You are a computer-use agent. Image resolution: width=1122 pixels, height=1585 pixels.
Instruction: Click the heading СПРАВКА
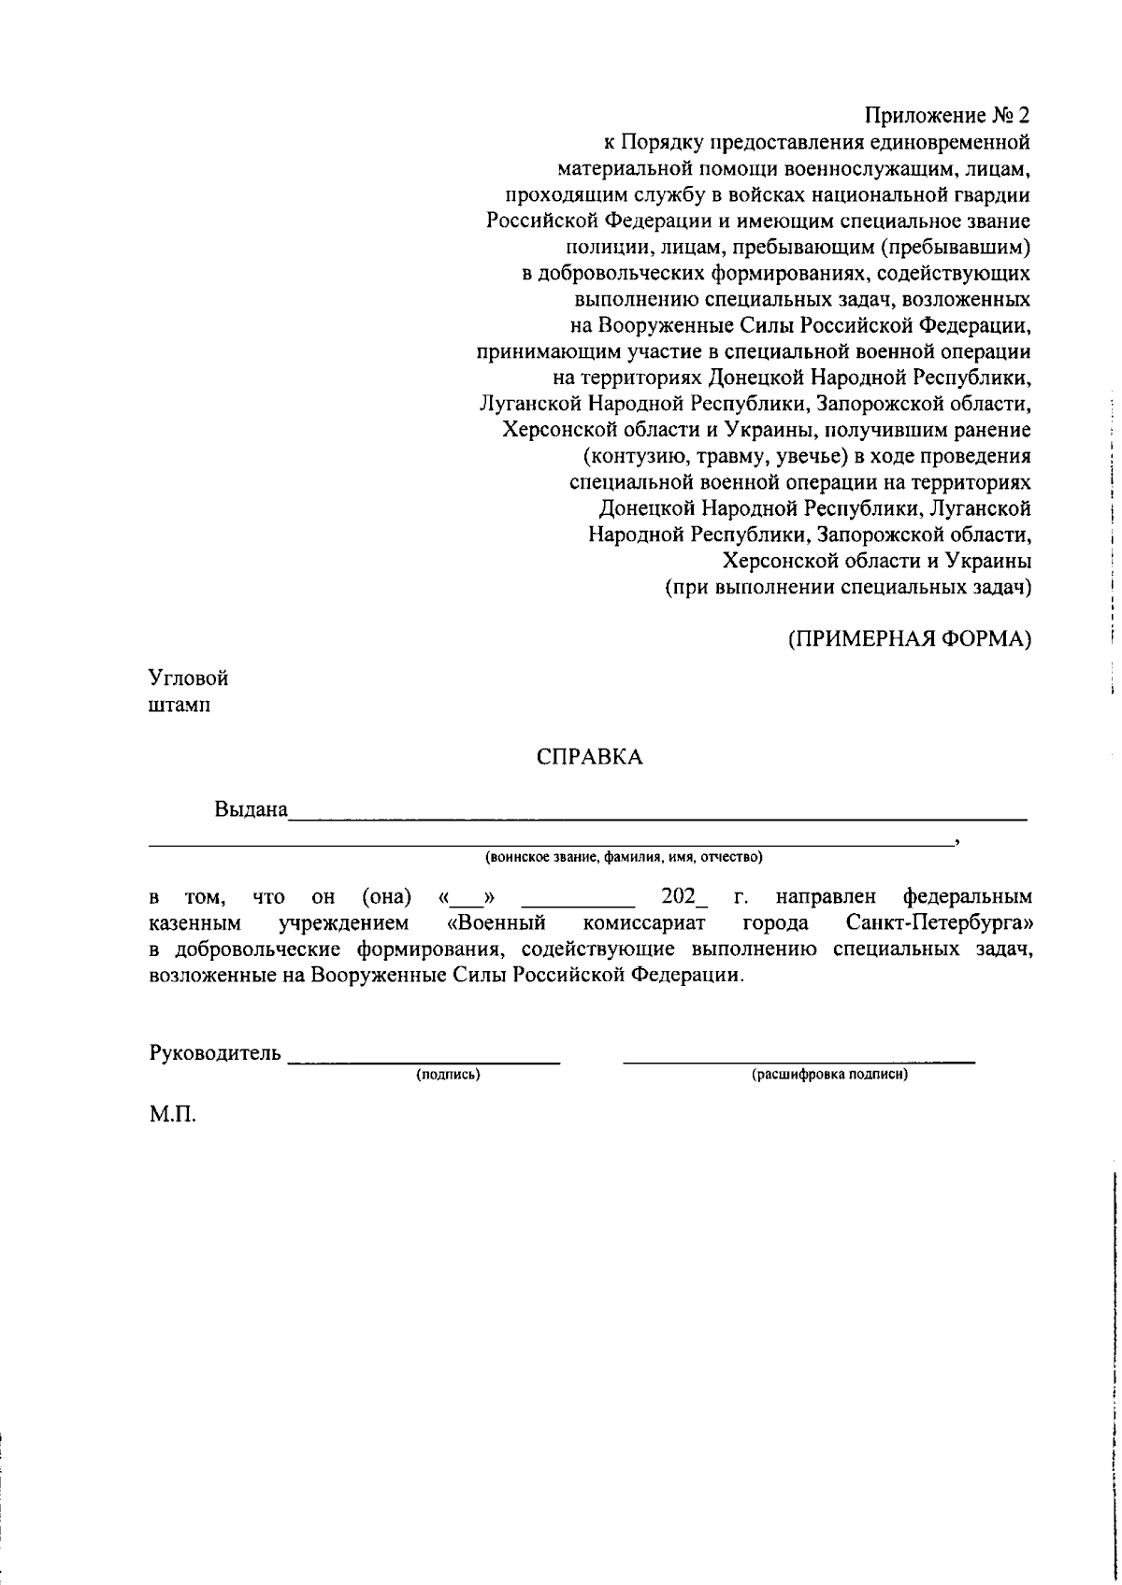click(590, 758)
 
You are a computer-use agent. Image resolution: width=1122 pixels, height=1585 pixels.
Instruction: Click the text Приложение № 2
click(946, 117)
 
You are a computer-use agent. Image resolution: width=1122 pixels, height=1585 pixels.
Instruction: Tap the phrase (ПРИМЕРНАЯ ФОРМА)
click(909, 640)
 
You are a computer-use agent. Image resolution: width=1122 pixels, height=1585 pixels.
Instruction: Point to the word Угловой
click(189, 678)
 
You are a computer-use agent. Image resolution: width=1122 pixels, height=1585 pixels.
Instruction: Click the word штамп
click(180, 705)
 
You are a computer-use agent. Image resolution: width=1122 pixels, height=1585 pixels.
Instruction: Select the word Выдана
click(251, 809)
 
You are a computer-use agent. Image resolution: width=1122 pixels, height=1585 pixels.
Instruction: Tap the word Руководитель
click(215, 1053)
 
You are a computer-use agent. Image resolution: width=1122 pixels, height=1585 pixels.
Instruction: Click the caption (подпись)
click(449, 1076)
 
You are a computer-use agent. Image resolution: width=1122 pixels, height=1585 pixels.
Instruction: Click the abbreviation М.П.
click(172, 1116)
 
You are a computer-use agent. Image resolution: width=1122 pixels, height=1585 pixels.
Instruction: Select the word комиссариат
click(643, 923)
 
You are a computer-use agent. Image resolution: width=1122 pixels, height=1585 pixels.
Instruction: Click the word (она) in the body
click(386, 897)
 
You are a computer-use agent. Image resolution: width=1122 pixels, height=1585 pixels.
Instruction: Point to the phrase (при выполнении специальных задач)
click(848, 588)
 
